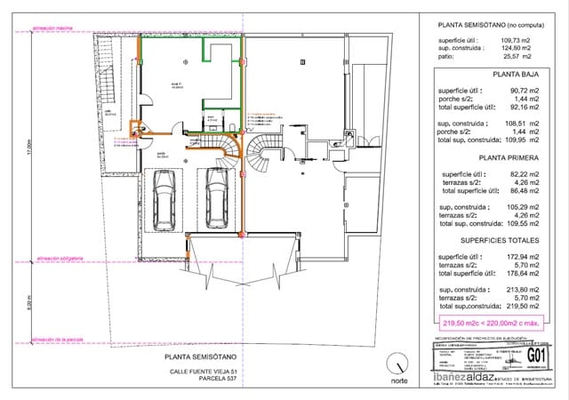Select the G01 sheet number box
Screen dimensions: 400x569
pos(535,356)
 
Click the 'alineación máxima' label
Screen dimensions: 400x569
pos(52,28)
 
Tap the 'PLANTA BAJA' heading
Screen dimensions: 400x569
pos(491,78)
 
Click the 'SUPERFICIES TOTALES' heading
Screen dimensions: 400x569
pos(491,240)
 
